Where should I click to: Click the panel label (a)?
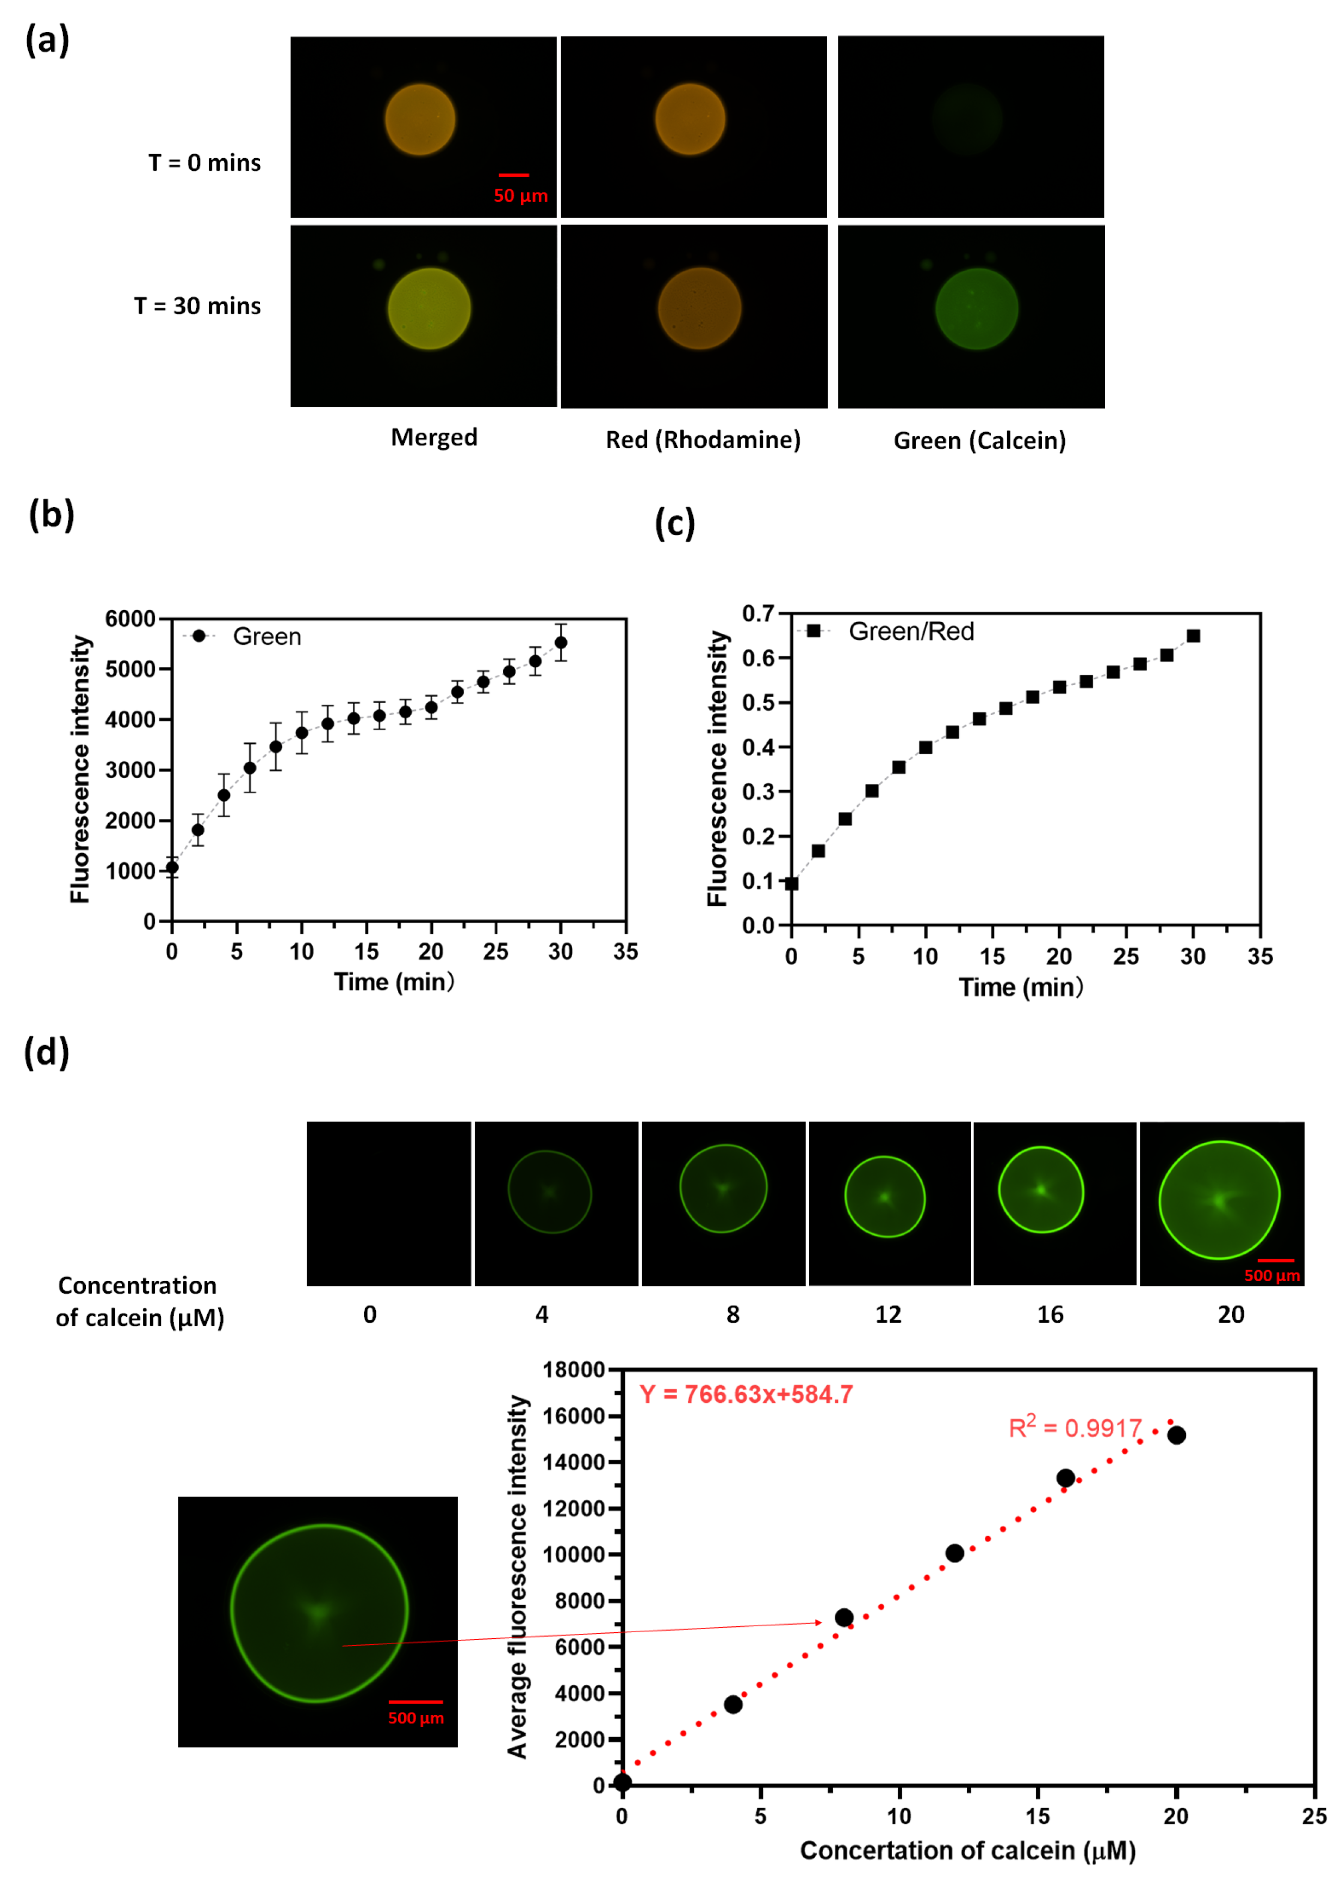47,40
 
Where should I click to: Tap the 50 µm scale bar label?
520,196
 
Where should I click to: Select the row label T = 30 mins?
197,306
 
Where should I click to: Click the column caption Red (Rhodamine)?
703,439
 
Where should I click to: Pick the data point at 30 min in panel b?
561,642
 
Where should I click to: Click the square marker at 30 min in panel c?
1193,636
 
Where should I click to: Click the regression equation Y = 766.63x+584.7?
746,1395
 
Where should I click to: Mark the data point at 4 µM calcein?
732,1704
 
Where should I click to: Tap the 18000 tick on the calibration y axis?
574,1370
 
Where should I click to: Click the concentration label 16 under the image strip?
1050,1314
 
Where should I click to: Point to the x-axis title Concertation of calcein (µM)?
968,1851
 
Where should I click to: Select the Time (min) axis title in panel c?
1021,987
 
